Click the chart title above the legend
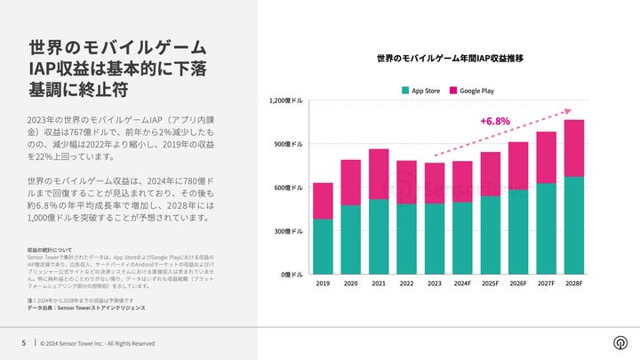coord(449,59)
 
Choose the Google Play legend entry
coord(476,91)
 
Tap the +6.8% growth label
coord(495,120)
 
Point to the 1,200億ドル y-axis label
coord(285,100)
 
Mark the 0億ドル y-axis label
coord(291,275)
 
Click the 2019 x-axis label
coord(323,284)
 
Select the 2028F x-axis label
coord(573,284)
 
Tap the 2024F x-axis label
coord(462,284)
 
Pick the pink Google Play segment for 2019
coord(323,201)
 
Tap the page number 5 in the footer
coord(23,342)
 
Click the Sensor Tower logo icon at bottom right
coord(619,342)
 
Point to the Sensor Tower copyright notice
coord(97,342)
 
